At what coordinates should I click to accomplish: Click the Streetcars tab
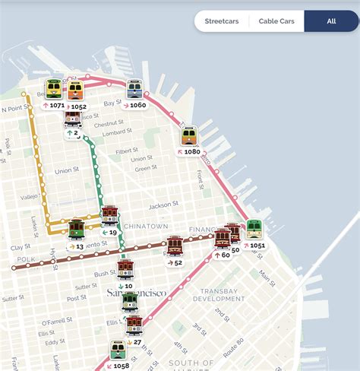pos(222,21)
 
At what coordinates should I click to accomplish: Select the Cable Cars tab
pos(276,21)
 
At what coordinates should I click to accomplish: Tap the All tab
pos(331,21)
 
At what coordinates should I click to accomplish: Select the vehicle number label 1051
pos(254,246)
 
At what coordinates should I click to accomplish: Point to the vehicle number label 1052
pos(76,106)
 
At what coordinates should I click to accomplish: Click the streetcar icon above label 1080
pos(189,135)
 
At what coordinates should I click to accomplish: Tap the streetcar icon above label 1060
pos(134,89)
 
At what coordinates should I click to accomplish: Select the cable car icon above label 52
pos(175,245)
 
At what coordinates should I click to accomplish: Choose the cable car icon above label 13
pos(76,228)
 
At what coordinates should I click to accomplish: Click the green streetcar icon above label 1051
pos(254,229)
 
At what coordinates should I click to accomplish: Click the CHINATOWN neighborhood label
pos(145,226)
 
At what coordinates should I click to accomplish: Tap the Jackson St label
pos(164,205)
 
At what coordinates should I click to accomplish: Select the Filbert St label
pos(128,151)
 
